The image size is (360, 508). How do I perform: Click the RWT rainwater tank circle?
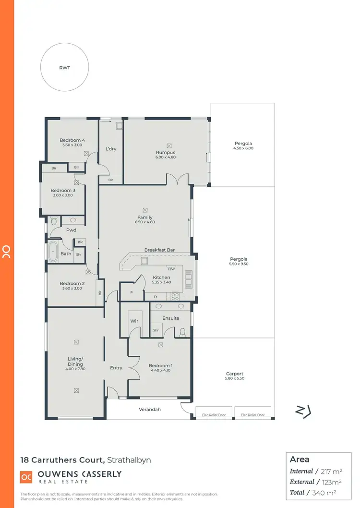click(x=64, y=68)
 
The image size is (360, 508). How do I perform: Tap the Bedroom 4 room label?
click(x=73, y=140)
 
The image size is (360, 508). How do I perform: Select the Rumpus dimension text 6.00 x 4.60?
click(x=166, y=157)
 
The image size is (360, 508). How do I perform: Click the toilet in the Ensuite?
click(x=182, y=331)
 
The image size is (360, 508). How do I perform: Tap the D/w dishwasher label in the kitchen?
click(x=171, y=268)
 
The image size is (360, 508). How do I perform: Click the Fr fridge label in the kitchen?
click(x=155, y=297)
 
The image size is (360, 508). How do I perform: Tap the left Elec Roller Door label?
click(x=214, y=415)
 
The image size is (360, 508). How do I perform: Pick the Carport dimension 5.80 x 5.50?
click(x=235, y=378)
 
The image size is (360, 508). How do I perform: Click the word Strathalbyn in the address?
click(x=129, y=460)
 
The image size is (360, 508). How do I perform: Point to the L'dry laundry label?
click(x=111, y=149)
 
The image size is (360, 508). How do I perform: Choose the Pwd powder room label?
click(x=72, y=230)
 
